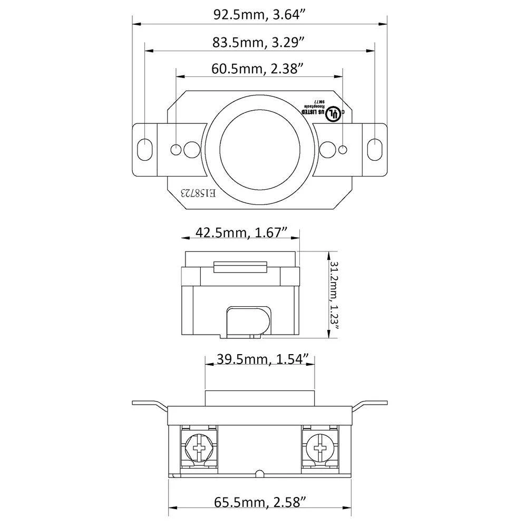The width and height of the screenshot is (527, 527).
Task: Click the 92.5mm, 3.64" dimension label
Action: (x=260, y=14)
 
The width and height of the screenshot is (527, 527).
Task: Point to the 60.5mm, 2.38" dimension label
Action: (x=258, y=67)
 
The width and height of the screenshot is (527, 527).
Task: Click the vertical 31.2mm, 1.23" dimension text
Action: (x=334, y=295)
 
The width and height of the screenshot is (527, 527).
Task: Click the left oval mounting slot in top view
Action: (x=143, y=149)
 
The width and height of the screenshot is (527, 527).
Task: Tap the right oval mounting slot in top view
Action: (x=374, y=149)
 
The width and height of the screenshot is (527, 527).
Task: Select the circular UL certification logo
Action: (x=333, y=114)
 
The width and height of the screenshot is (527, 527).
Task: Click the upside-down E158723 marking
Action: (x=198, y=193)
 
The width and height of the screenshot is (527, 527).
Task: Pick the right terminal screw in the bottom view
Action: (x=319, y=448)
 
